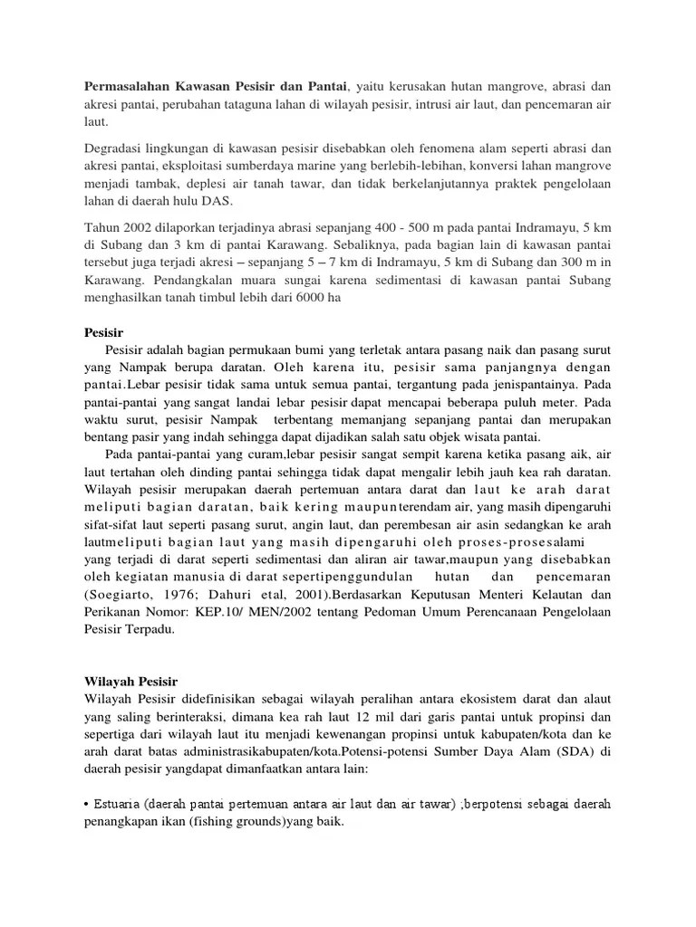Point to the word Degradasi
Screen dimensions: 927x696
(x=114, y=148)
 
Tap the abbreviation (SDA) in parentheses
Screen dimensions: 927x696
(x=570, y=750)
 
